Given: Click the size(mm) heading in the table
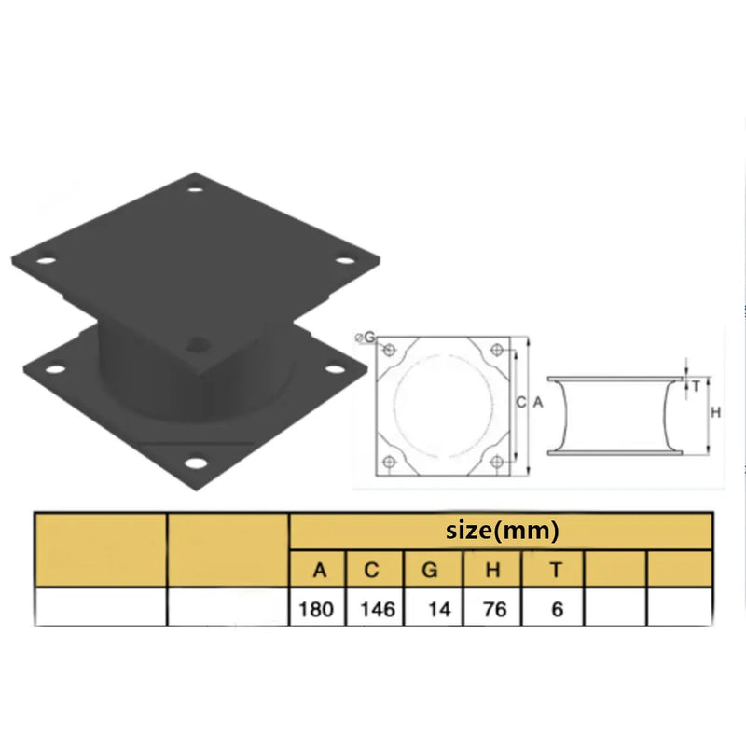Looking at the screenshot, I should point(502,531).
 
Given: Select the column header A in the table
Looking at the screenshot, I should point(318,569).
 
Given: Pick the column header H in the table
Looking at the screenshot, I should point(490,569).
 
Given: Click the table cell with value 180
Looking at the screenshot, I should point(318,610).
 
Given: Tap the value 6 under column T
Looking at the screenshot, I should point(556,610).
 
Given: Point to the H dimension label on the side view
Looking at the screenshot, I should point(715,411).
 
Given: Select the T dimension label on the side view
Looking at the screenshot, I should point(696,384).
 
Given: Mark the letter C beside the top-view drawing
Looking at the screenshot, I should point(519,402).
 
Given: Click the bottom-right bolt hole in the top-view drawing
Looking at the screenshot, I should point(495,460).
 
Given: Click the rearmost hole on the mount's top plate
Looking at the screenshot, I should point(195,190).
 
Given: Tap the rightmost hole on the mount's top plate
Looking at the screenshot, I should point(343,262).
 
